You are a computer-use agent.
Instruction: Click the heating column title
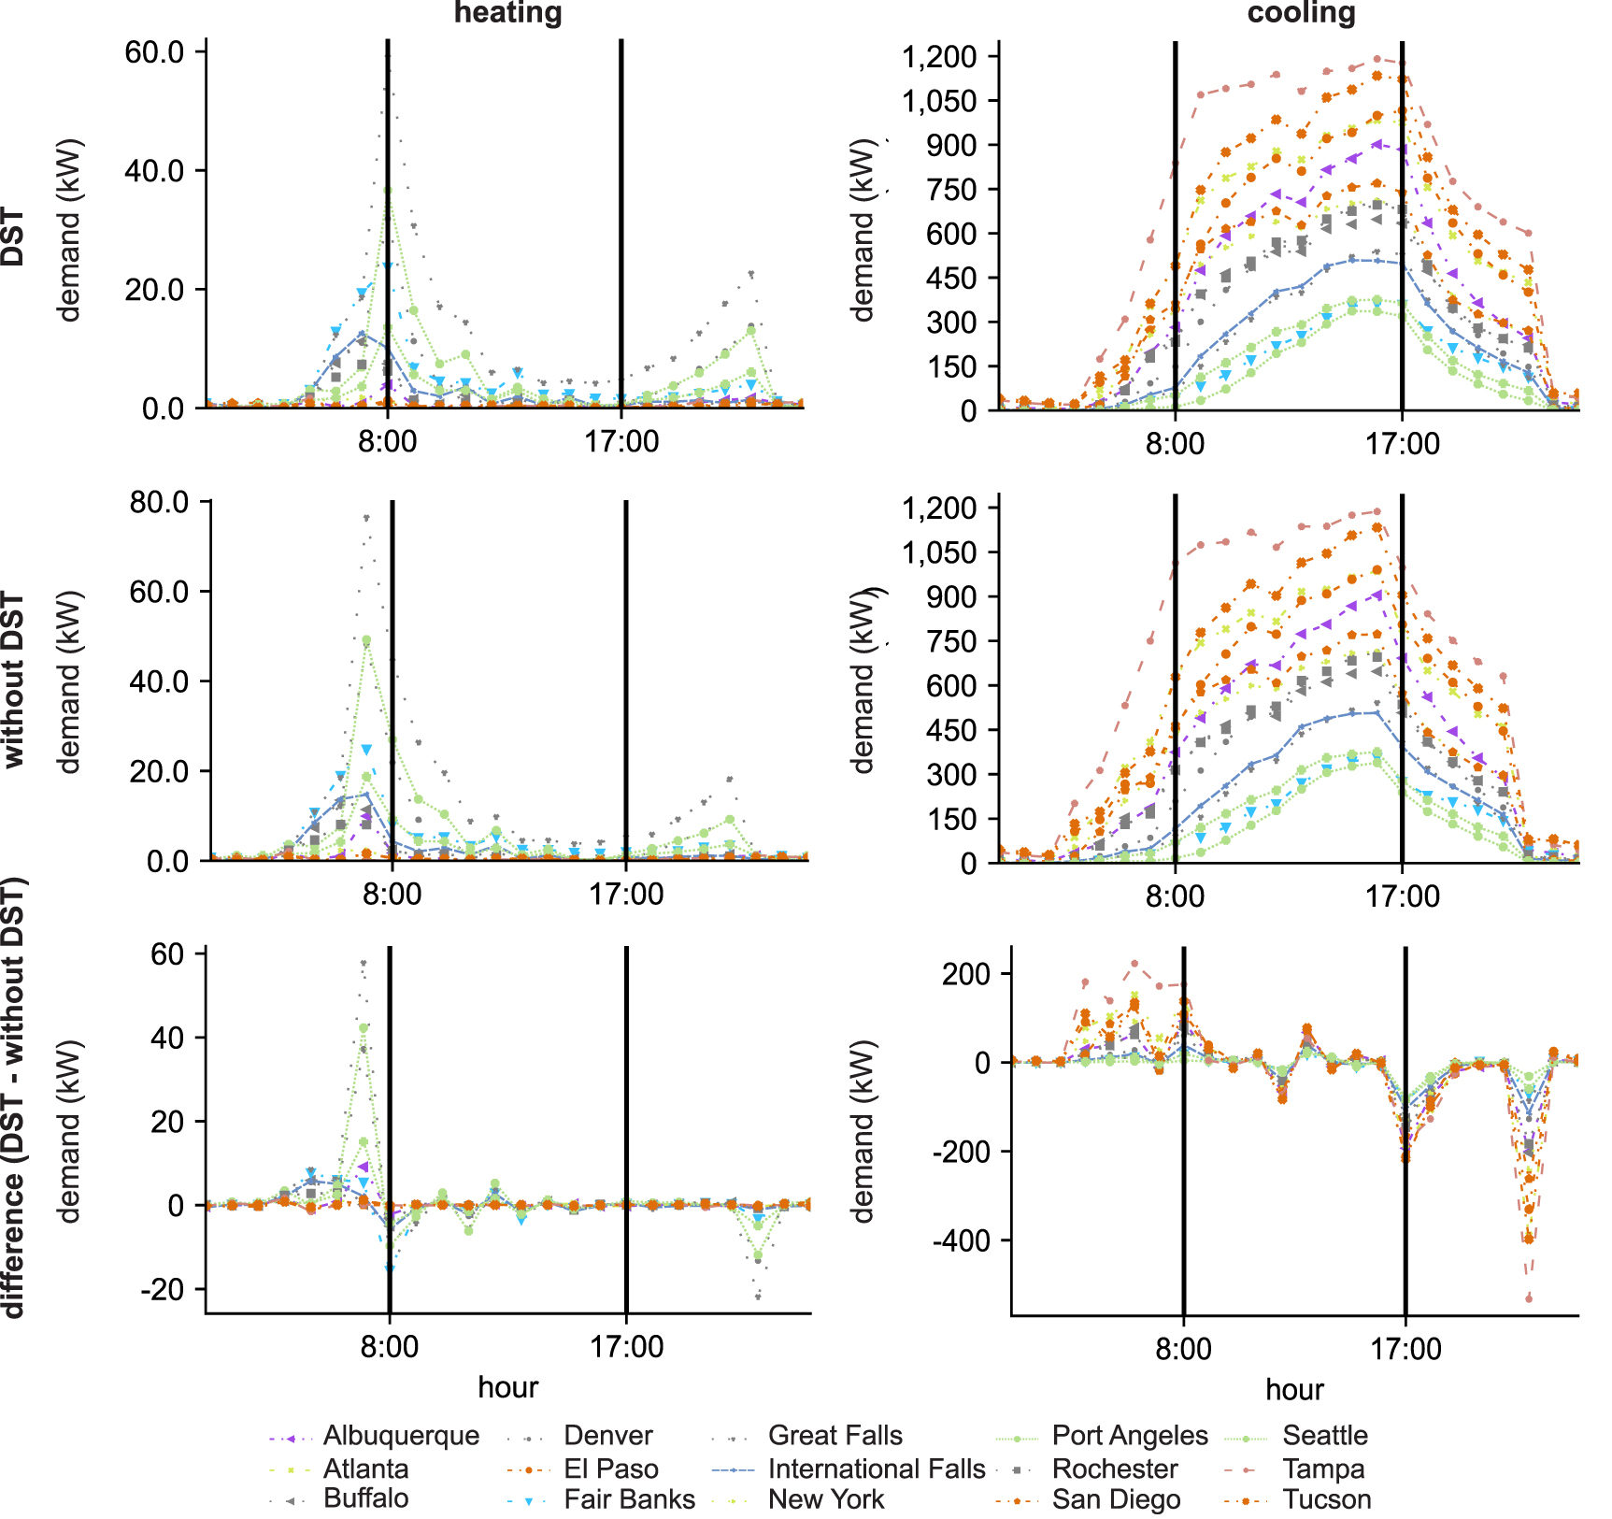[507, 13]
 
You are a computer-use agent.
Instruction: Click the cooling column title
[1301, 13]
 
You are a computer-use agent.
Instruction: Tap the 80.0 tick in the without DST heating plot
[159, 502]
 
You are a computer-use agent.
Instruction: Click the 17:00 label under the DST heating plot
[621, 441]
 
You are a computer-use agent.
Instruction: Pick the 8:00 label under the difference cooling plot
[1183, 1349]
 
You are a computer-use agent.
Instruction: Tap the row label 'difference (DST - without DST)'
[13, 1097]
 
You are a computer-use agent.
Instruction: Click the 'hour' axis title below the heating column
[507, 1387]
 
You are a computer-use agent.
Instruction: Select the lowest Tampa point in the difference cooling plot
[1529, 1298]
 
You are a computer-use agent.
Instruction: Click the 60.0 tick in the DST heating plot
[154, 51]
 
